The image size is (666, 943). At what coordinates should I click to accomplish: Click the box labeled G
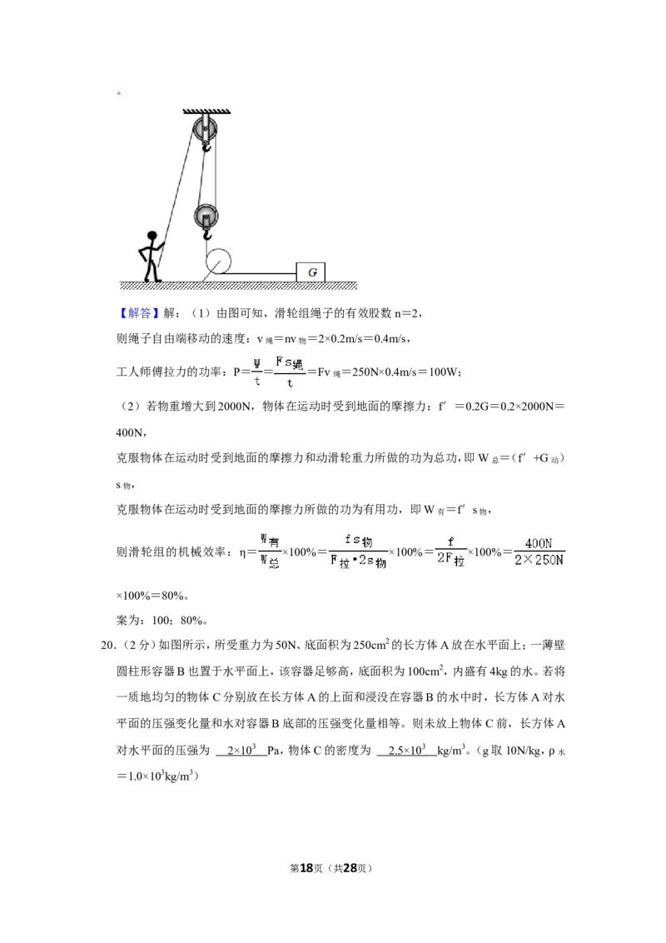pyautogui.click(x=311, y=272)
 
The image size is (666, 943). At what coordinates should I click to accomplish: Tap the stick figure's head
pyautogui.click(x=152, y=236)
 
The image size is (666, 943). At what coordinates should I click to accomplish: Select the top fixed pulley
pyautogui.click(x=206, y=127)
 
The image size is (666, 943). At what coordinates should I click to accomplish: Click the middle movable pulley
pyautogui.click(x=206, y=216)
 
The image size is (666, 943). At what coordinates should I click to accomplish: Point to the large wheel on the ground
pyautogui.click(x=218, y=262)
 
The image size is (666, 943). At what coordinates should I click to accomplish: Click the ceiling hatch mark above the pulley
pyautogui.click(x=206, y=111)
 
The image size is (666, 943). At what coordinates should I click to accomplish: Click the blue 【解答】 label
pyautogui.click(x=137, y=312)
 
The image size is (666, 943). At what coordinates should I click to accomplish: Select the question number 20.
pyautogui.click(x=107, y=646)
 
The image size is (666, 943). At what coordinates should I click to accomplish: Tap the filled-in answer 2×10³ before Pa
pyautogui.click(x=241, y=750)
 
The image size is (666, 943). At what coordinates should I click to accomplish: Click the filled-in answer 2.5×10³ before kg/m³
pyautogui.click(x=407, y=750)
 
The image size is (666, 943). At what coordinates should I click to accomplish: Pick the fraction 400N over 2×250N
pyautogui.click(x=539, y=551)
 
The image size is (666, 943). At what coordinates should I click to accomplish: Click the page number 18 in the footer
pyautogui.click(x=306, y=868)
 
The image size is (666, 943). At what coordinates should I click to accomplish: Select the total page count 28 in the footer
pyautogui.click(x=350, y=868)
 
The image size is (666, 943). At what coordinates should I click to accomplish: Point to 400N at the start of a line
pyautogui.click(x=129, y=432)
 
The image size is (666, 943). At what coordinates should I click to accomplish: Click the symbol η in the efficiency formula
pyautogui.click(x=242, y=552)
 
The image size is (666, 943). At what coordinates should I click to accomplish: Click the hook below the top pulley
pyautogui.click(x=206, y=146)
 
